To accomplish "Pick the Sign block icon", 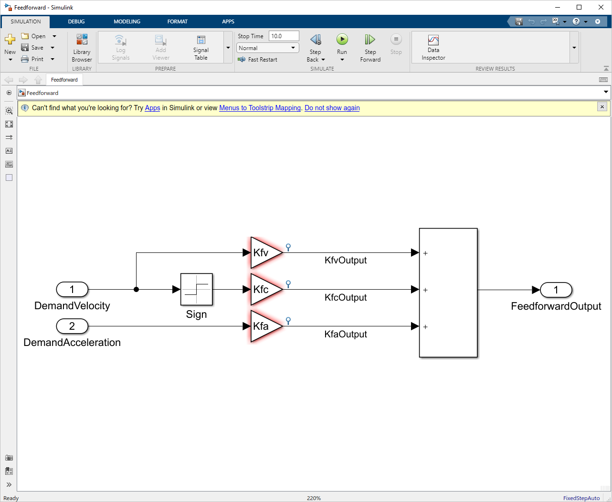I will pos(196,289).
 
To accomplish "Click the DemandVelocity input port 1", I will pos(72,289).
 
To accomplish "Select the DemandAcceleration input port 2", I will pos(72,326).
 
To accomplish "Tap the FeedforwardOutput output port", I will pos(556,290).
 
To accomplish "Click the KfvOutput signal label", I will pos(346,261).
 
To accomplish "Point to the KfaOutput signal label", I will pos(346,335).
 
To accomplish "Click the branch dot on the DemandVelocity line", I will pos(137,289).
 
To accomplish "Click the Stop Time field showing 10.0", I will pos(284,36).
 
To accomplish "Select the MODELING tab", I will pos(127,21).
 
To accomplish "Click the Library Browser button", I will pos(82,48).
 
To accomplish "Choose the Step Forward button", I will pos(370,48).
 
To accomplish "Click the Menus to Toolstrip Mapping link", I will pos(260,108).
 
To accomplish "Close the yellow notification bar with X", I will pos(602,107).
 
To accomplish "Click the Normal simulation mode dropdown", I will pos(267,48).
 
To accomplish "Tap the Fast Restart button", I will pos(258,60).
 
